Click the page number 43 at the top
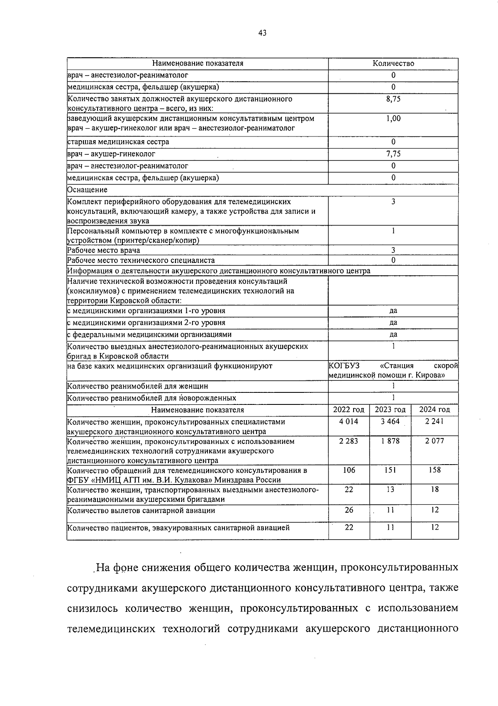[262, 33]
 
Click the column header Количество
[393, 63]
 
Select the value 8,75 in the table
[393, 99]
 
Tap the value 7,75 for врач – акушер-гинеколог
[393, 154]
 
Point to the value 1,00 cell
[393, 119]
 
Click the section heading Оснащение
[87, 190]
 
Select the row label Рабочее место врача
[104, 251]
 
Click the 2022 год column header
[349, 410]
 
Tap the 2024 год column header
[435, 410]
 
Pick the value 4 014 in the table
[349, 421]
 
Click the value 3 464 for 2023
[390, 421]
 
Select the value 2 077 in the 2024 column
[435, 441]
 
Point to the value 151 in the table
[390, 470]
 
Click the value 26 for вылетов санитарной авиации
[349, 510]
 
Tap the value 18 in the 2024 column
[435, 489]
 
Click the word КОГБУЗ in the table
[344, 366]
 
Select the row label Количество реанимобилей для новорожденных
[152, 398]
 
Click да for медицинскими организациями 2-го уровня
[393, 323]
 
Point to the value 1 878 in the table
[390, 441]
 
